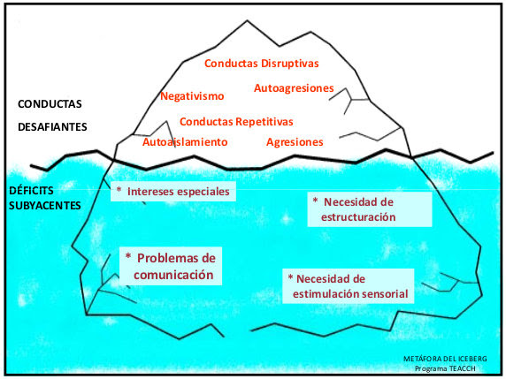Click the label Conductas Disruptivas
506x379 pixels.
(262, 64)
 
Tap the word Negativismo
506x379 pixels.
(192, 96)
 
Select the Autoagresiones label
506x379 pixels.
(294, 88)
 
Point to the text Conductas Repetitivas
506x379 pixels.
(236, 122)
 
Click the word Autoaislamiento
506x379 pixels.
(185, 142)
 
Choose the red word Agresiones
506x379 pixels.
(295, 142)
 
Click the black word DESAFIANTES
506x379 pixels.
(52, 127)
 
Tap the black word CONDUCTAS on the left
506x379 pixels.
(50, 104)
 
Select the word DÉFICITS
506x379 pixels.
(31, 191)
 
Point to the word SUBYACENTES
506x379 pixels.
(45, 206)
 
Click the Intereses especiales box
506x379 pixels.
(173, 192)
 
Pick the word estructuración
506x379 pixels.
(358, 217)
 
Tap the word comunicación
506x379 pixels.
(173, 275)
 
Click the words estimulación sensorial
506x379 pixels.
(350, 294)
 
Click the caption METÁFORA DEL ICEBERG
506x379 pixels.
(445, 359)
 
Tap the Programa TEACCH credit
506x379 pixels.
(445, 368)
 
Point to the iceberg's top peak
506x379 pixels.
(247, 20)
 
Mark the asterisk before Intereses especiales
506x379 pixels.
(119, 189)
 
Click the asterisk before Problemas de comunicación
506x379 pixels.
(128, 256)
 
